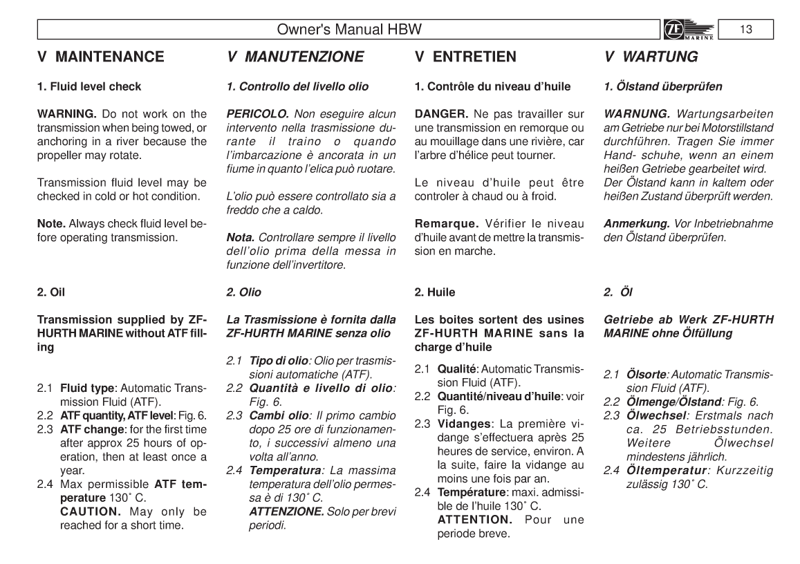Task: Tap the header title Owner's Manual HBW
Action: (x=348, y=30)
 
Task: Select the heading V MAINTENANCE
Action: (x=100, y=58)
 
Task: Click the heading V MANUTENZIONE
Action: (x=295, y=58)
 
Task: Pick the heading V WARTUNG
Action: (x=649, y=58)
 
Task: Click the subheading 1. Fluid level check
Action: (x=89, y=86)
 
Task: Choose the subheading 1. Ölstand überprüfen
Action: (x=663, y=86)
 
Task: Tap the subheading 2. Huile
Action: (x=434, y=292)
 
